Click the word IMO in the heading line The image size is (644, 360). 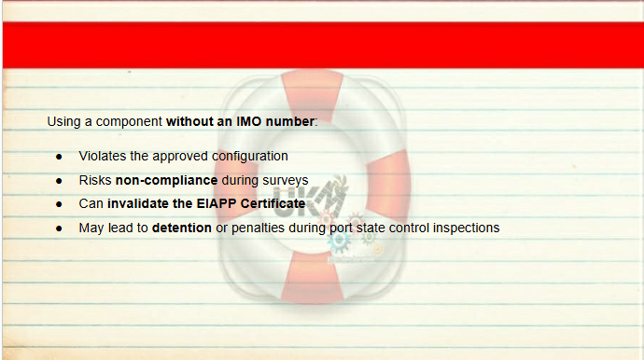(x=248, y=121)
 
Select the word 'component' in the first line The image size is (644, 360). (x=129, y=122)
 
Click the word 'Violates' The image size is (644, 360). (x=103, y=156)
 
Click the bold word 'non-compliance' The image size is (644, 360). (x=166, y=180)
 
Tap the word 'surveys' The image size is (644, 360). (x=286, y=181)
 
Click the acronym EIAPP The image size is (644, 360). (x=217, y=203)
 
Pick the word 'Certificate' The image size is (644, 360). (x=273, y=203)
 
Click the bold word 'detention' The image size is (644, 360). (x=182, y=228)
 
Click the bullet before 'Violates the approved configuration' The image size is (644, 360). (x=59, y=157)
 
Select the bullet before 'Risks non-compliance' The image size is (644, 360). (x=59, y=181)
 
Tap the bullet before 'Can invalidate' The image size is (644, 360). (x=59, y=204)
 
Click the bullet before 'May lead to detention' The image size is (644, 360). (x=59, y=228)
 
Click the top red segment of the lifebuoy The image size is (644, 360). (x=312, y=94)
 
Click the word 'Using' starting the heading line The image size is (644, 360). (x=63, y=122)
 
